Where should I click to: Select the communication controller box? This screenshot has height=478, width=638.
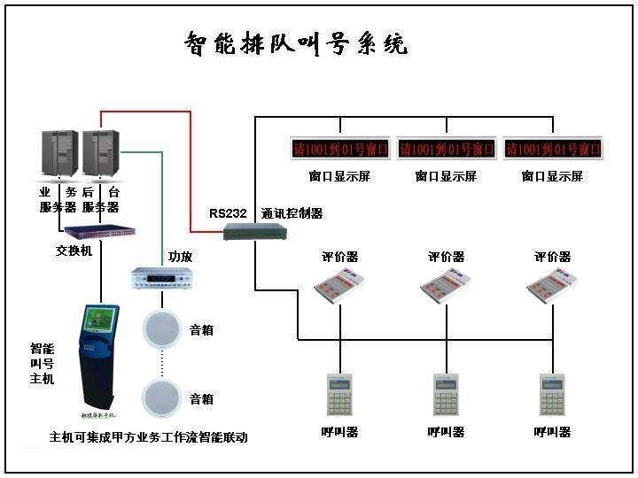point(253,233)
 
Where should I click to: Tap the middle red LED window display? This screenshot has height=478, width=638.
point(447,148)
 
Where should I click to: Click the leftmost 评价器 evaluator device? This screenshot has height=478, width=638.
point(340,286)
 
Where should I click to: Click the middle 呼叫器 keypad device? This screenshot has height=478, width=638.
point(446,395)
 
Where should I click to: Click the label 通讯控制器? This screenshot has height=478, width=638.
point(292,213)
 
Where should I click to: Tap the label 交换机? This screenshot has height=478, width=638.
point(74,250)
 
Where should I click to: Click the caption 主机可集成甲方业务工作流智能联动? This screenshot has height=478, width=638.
point(149,437)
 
